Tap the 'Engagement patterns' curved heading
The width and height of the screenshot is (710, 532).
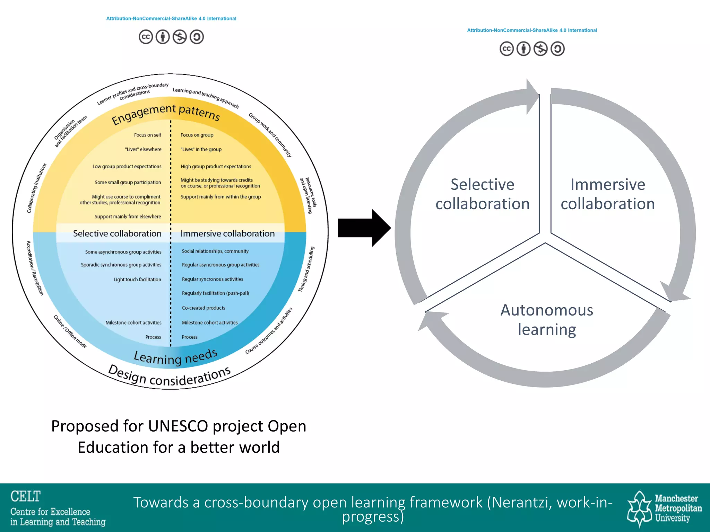tap(166, 114)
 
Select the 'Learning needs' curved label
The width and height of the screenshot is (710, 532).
tap(176, 357)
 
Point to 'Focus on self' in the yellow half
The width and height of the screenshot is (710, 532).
tap(148, 135)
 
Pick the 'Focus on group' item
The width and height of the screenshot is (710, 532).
tap(197, 135)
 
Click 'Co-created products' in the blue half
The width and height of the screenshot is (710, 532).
tap(204, 308)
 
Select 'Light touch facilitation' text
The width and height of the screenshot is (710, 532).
tap(137, 280)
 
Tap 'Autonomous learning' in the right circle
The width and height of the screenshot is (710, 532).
tap(547, 320)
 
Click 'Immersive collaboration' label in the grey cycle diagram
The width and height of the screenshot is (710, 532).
tap(607, 194)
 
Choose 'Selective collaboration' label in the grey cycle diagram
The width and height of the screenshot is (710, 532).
tap(482, 194)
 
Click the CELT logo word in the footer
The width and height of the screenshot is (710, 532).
tap(26, 496)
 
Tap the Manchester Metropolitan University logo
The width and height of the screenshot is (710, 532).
tap(664, 508)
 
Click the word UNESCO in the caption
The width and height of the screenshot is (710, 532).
tap(178, 426)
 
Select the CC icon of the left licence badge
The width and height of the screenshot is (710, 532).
tap(146, 37)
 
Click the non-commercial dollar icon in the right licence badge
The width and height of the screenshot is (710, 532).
tap(540, 49)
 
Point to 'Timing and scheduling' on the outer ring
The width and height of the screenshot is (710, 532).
tap(306, 269)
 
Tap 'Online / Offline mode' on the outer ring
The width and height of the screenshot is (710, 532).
tap(70, 331)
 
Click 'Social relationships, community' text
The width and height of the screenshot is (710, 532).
tap(215, 251)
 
